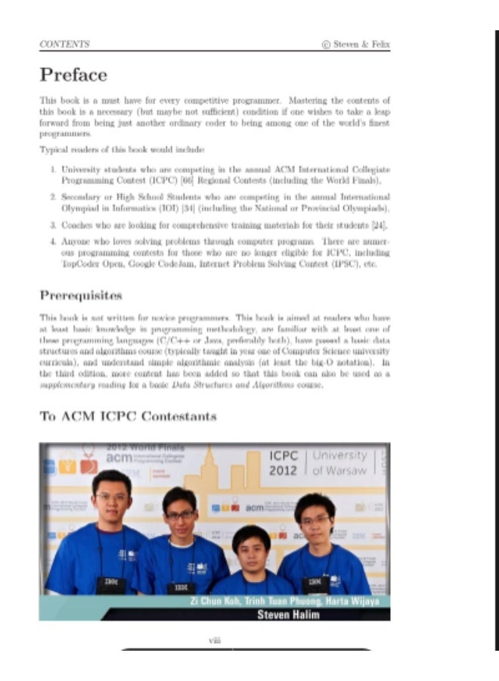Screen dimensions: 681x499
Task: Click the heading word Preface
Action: click(x=73, y=75)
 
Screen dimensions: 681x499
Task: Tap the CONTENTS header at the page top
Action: click(x=64, y=44)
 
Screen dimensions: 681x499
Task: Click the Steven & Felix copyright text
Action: click(x=356, y=44)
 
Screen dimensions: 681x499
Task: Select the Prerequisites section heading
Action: click(x=81, y=295)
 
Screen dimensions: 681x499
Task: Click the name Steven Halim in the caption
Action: click(x=288, y=614)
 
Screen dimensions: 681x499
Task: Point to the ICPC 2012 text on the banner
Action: click(x=284, y=463)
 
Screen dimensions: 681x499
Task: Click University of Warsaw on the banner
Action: click(x=339, y=462)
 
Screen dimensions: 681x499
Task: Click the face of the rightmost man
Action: click(x=315, y=521)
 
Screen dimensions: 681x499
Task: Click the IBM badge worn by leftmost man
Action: click(x=111, y=584)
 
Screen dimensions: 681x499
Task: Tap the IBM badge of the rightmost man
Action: click(x=312, y=583)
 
